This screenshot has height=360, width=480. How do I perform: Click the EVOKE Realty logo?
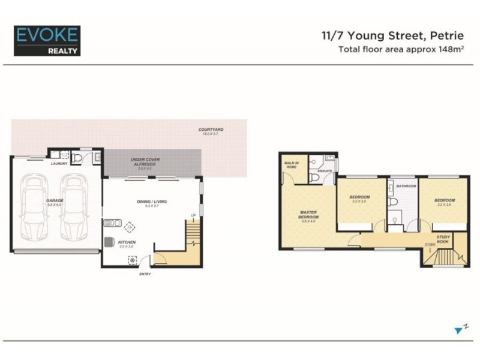(x=46, y=40)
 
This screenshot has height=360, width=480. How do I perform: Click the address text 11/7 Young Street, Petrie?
(x=394, y=36)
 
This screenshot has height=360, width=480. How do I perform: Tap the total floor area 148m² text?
(x=402, y=49)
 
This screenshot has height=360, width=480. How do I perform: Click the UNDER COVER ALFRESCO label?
(x=145, y=162)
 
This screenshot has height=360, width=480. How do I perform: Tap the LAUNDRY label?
(x=58, y=163)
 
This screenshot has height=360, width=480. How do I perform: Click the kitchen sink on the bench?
(x=111, y=223)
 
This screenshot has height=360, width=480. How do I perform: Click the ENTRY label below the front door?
(x=145, y=274)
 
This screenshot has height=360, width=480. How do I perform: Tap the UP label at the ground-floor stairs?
(x=193, y=215)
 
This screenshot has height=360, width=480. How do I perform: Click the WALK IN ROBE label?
(x=292, y=166)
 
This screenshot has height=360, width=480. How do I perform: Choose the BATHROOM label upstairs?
(x=406, y=186)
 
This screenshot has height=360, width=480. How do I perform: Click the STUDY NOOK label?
(x=444, y=239)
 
